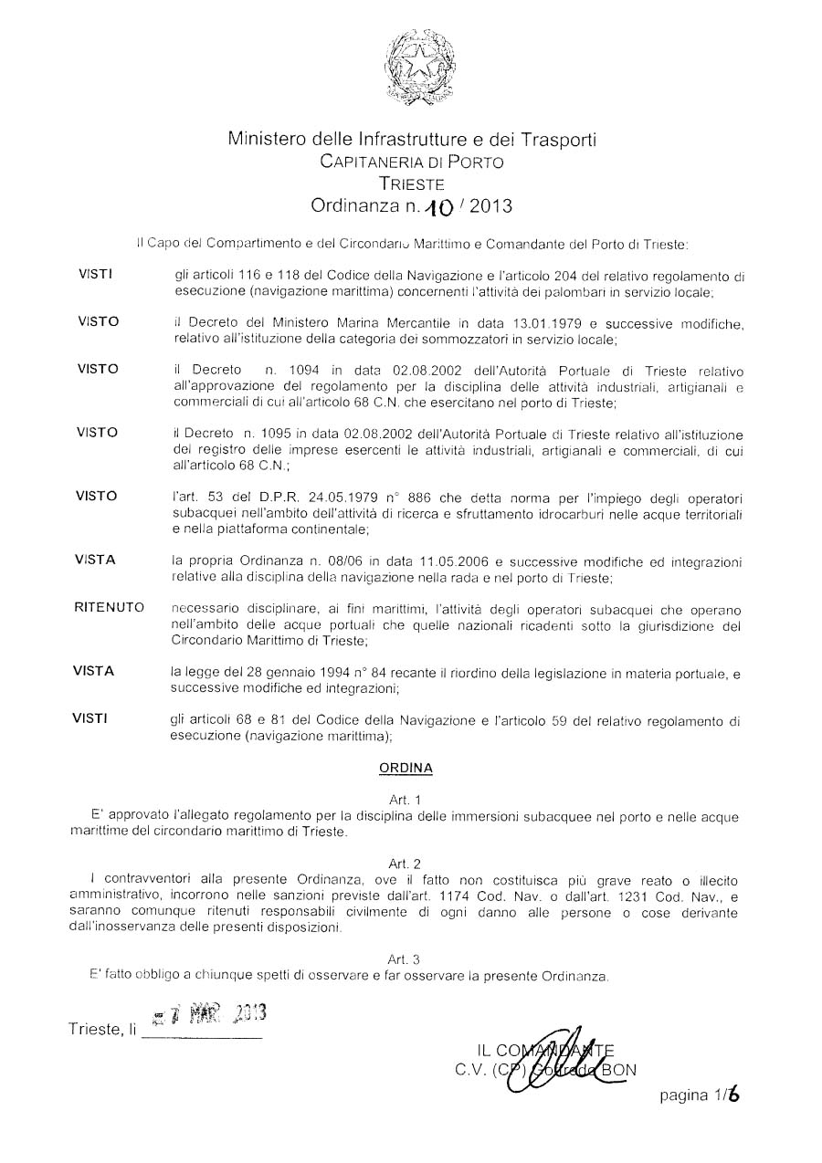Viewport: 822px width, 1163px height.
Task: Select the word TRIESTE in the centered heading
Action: (411, 183)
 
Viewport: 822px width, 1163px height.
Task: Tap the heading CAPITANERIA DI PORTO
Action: (411, 162)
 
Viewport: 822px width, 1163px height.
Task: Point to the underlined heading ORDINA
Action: (406, 769)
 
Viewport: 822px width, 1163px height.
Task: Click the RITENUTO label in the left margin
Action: (109, 608)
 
